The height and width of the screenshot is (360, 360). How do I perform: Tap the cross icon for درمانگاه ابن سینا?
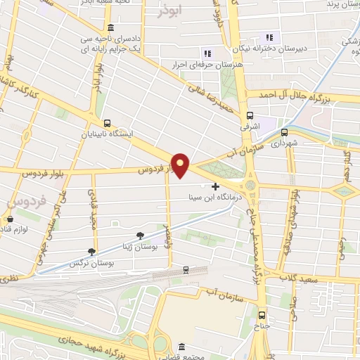tap(215, 186)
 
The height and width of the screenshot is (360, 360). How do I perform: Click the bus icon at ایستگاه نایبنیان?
tap(106, 121)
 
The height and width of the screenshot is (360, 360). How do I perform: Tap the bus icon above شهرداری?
tap(285, 131)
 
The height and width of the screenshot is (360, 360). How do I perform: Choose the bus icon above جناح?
tap(262, 315)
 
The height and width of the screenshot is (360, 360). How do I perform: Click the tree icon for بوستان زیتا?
tap(141, 234)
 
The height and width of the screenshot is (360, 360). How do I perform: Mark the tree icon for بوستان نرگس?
tap(91, 251)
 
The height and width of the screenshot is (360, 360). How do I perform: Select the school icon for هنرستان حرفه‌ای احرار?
tap(207, 53)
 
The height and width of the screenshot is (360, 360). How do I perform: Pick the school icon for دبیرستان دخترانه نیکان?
tap(268, 37)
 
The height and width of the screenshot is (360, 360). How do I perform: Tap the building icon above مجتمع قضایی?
tap(182, 347)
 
